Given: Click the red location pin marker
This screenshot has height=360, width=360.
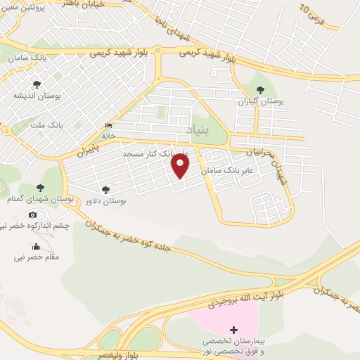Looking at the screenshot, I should [x=181, y=166].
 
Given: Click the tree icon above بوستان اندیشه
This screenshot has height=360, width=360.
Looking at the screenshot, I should [x=37, y=84].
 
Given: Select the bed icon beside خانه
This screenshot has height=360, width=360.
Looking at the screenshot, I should [x=108, y=125].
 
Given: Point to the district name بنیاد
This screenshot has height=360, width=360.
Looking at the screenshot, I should [x=198, y=131].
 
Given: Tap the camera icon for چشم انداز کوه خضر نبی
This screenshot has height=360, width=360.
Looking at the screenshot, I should [x=32, y=214].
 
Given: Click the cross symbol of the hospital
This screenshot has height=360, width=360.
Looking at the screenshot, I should [x=233, y=330].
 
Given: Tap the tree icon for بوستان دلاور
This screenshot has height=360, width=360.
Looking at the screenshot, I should [x=105, y=189].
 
